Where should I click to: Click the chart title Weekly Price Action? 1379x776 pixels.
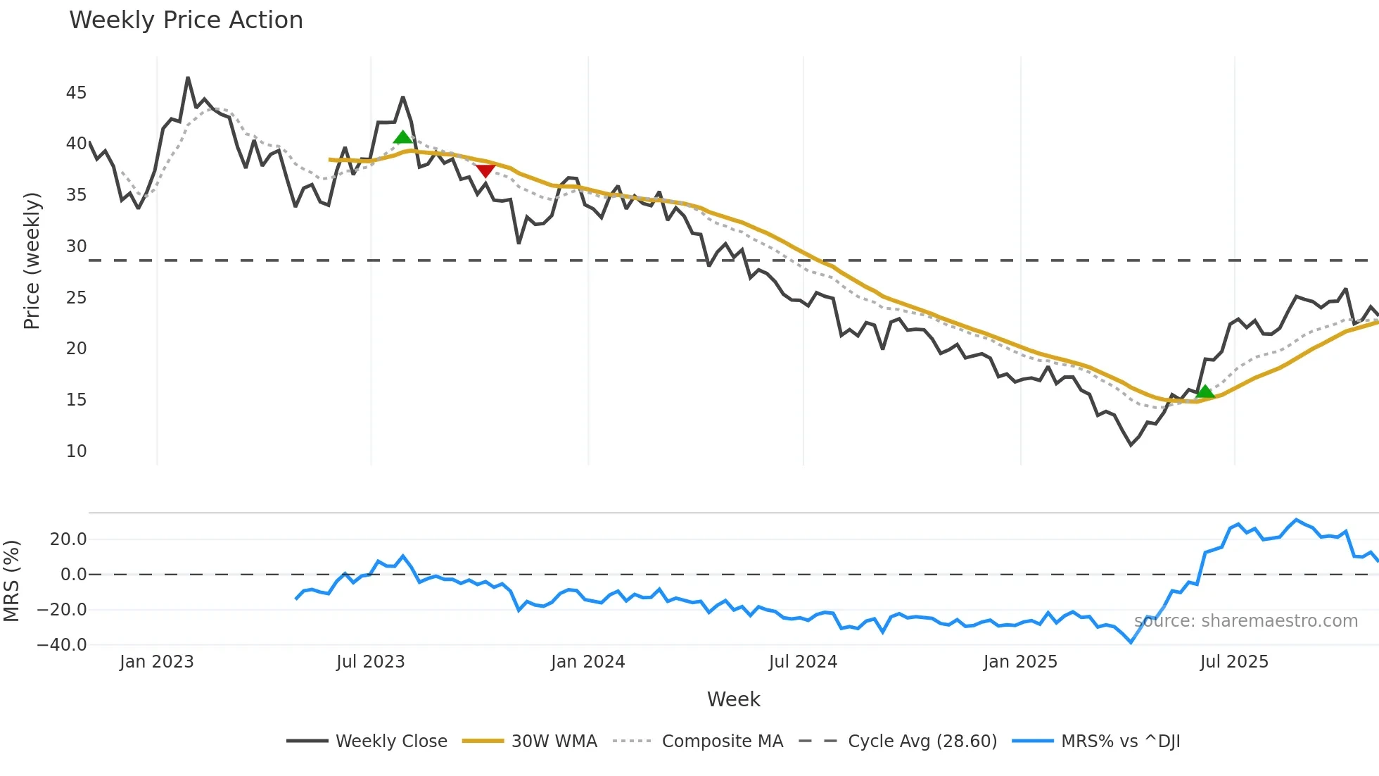click(x=186, y=20)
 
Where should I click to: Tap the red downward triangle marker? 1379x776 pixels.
click(x=485, y=170)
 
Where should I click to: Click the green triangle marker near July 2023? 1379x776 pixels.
click(x=403, y=137)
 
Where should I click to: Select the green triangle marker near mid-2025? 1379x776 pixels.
click(x=1205, y=392)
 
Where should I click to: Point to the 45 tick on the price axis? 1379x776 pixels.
click(x=76, y=93)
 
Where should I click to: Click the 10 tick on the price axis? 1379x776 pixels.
click(x=76, y=451)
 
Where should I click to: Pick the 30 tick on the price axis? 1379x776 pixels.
click(x=76, y=246)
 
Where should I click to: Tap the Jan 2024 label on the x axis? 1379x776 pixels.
click(x=587, y=662)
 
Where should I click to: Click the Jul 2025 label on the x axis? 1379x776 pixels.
click(x=1234, y=662)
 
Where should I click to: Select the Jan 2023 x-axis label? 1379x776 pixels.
click(x=156, y=662)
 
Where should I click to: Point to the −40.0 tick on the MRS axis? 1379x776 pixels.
click(x=62, y=645)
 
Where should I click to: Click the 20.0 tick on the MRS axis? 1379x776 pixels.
click(x=68, y=539)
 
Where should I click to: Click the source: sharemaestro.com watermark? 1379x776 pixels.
click(x=1246, y=621)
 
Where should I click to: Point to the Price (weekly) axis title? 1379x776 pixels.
click(x=32, y=261)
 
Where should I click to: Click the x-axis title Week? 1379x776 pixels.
click(x=733, y=699)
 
